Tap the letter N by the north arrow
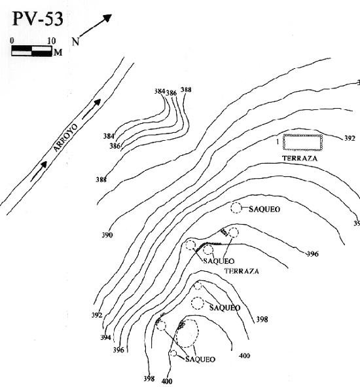coord(75,42)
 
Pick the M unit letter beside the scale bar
coord(58,51)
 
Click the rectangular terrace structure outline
coord(303,142)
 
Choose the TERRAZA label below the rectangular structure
coord(299,158)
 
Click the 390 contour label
coord(107,235)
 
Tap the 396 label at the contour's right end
coord(312,254)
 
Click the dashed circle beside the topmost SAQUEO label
coord(236,208)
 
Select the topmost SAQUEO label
coord(264,209)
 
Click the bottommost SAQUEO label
coord(200,359)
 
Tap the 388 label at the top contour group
coord(187,90)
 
